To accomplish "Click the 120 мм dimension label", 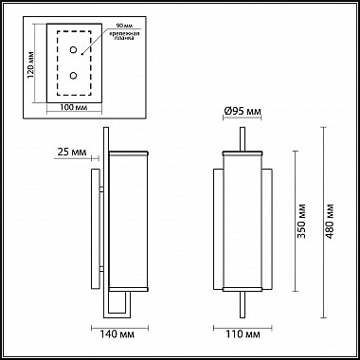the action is point(31,64).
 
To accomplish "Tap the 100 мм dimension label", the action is point(74,107).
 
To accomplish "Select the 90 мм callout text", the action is point(123,26).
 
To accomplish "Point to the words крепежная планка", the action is point(124,35).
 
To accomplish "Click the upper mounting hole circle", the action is point(73,49).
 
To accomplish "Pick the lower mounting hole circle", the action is point(73,76).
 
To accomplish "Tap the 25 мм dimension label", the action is point(72,152).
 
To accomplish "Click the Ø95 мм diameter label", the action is point(243,111).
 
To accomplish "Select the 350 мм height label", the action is point(301,221).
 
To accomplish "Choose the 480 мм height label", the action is point(330,221).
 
